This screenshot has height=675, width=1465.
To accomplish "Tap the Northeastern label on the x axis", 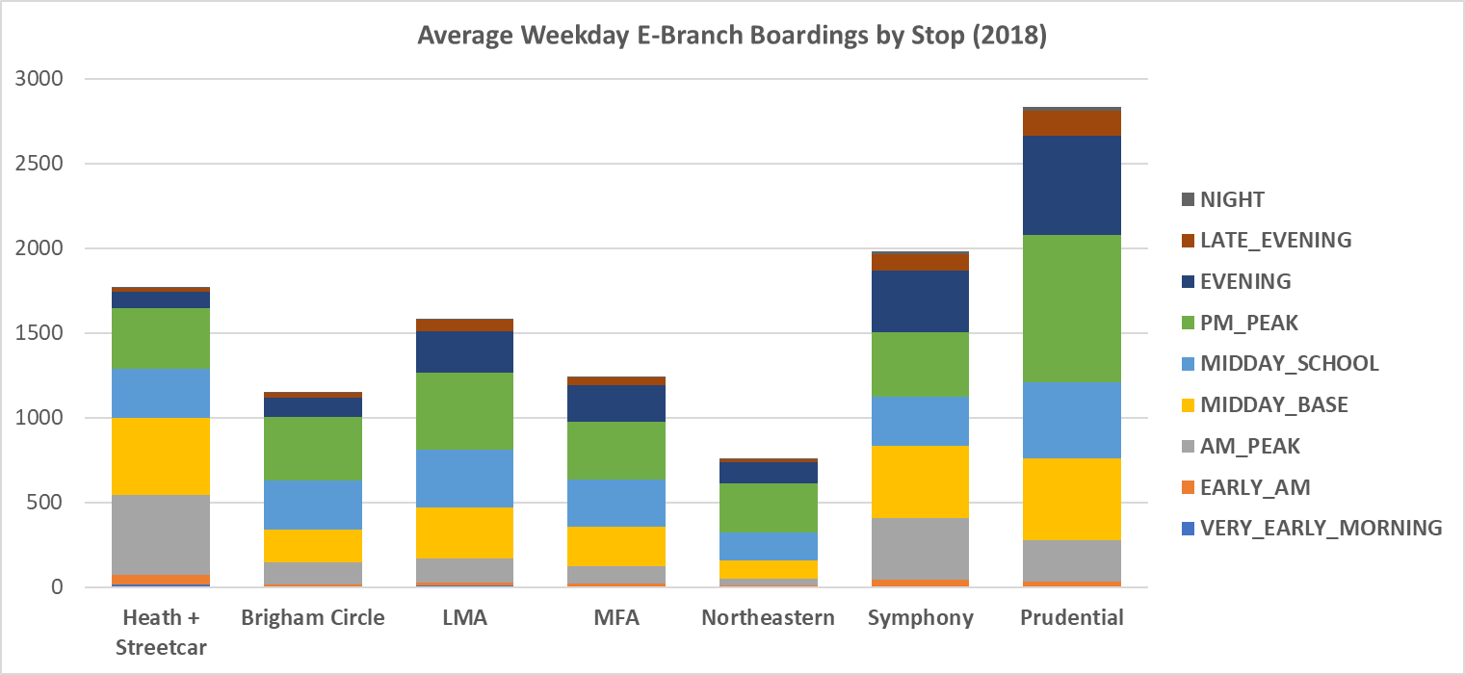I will tap(768, 618).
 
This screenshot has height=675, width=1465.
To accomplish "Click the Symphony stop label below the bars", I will tap(919, 618).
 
